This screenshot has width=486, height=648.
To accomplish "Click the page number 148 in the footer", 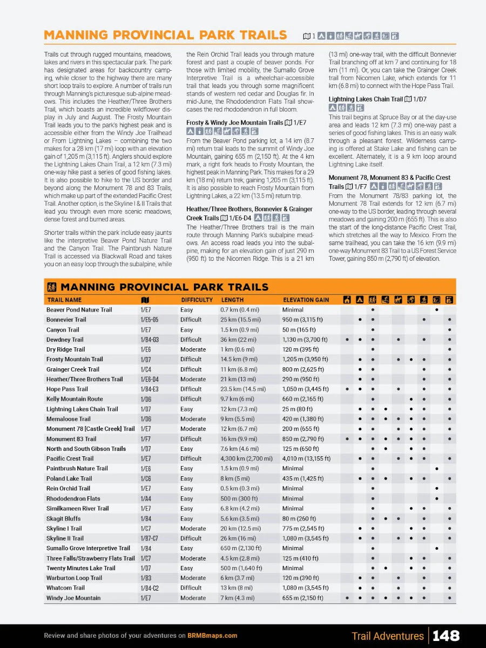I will tap(446, 636).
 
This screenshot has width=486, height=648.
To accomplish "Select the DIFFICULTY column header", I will tap(197, 300).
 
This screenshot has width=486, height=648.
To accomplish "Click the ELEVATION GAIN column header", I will tap(306, 300).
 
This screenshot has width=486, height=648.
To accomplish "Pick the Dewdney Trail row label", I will tap(65, 340).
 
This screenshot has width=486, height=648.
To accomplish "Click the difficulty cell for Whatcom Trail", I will tap(191, 588).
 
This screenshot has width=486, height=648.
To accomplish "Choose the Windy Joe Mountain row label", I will tap(73, 598).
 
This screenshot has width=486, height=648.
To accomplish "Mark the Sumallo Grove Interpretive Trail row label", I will tap(88, 548).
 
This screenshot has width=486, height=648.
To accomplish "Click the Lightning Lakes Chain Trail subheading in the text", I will tap(366, 99).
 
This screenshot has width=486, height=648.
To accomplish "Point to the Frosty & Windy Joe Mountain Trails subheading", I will tap(234, 123).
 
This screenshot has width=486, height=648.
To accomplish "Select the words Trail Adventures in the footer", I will tap(387, 636).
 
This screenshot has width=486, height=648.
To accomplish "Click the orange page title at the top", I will tap(165, 35).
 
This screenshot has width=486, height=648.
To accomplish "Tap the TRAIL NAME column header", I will tap(65, 300).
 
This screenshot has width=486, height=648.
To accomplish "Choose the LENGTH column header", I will tap(232, 300).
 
